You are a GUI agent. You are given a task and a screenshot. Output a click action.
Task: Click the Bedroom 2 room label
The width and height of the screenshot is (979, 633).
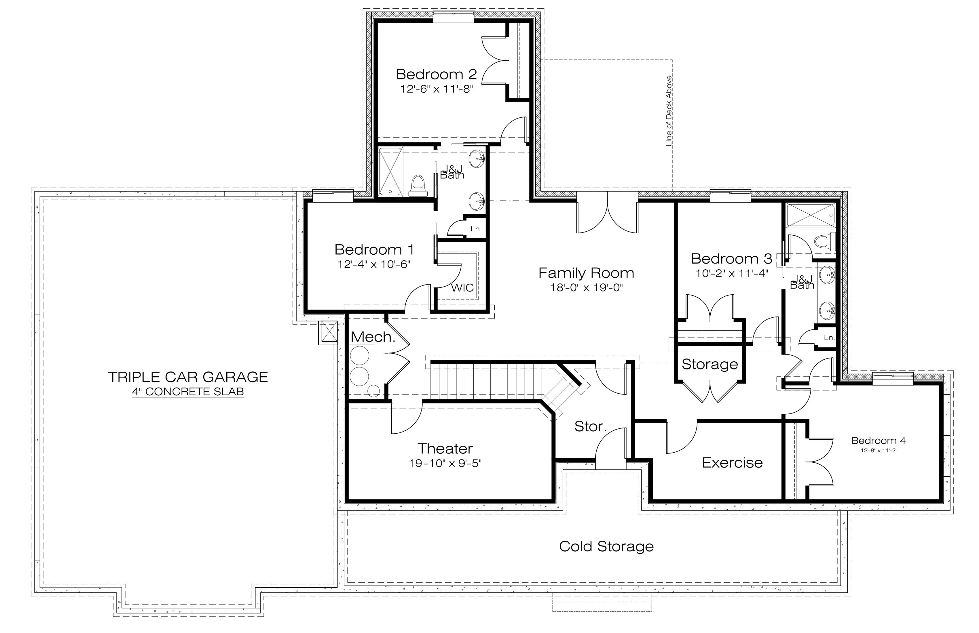pos(436,75)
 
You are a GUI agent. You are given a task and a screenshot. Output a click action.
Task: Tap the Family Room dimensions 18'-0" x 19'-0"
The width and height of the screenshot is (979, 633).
pos(587,288)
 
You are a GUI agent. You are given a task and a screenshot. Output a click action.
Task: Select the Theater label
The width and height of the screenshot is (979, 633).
pos(445,449)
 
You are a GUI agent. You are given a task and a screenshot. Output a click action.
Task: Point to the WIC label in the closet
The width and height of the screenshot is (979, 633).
pos(462,288)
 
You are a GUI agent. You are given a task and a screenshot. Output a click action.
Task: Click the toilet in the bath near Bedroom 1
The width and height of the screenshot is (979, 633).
pos(418,186)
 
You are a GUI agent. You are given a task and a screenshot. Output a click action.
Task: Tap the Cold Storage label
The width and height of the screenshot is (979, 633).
pos(606,546)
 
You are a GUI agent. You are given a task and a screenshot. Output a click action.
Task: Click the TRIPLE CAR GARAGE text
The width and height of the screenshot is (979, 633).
pos(188,377)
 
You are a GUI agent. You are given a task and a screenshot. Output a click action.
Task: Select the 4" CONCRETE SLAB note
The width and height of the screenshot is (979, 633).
pos(188,392)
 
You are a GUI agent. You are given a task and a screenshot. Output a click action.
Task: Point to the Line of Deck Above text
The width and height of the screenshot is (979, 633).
pos(669,111)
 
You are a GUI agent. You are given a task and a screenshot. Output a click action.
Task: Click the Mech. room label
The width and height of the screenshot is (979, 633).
pos(373,337)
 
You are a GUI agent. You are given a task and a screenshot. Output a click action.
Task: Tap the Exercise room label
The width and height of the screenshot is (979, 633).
pos(732,463)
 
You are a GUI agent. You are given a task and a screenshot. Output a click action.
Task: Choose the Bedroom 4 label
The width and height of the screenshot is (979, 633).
pos(878,441)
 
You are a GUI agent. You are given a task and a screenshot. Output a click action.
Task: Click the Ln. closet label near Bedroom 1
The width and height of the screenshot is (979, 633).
pos(476,229)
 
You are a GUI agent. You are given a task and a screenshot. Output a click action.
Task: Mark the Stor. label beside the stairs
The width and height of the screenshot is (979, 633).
pos(590,427)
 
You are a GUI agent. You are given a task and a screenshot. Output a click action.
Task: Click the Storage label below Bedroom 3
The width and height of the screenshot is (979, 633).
pos(709,364)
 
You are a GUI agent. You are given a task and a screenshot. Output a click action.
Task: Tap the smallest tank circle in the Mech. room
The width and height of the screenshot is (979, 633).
pos(373,391)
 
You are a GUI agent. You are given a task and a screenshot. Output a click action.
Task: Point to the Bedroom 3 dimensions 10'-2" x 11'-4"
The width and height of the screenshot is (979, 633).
pos(731,273)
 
